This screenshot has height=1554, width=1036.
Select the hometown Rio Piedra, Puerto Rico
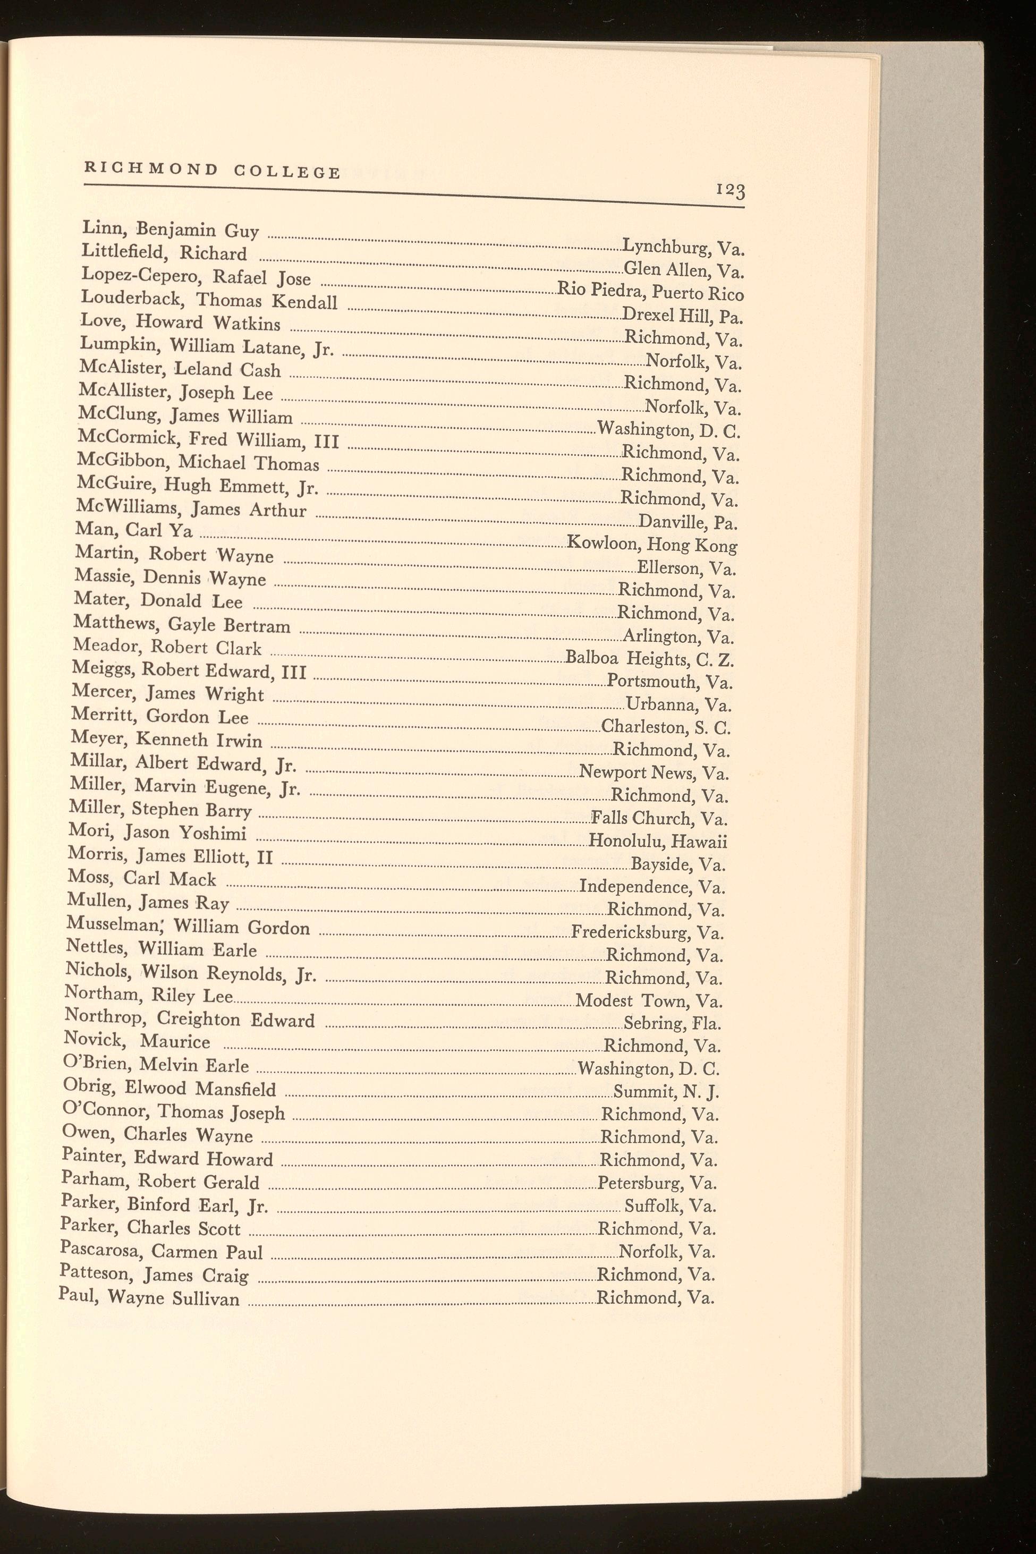(651, 291)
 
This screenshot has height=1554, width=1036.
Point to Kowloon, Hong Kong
(652, 545)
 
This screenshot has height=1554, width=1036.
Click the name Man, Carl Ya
(134, 530)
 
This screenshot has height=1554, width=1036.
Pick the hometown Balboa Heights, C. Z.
(649, 659)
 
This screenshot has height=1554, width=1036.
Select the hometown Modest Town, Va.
(649, 1000)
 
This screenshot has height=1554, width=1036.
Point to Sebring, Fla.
(672, 1023)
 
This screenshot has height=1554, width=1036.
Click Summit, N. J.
(666, 1091)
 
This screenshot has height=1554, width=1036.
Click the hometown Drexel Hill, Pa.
(683, 315)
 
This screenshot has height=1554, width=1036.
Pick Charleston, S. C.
(665, 727)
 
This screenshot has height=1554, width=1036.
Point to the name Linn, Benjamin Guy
(170, 230)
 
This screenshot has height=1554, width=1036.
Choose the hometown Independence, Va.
(651, 887)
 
